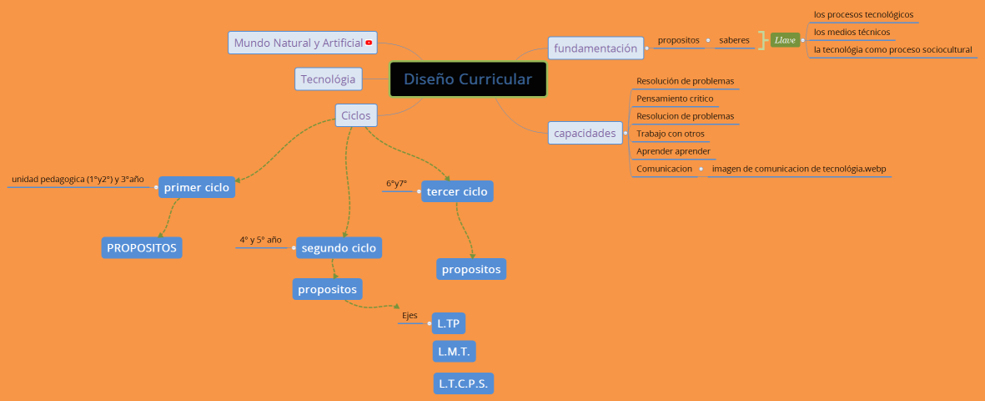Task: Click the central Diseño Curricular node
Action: point(468,79)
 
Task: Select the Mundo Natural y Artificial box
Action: point(298,43)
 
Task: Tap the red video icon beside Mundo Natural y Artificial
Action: point(369,43)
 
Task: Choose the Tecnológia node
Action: point(328,79)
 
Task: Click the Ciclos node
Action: point(356,115)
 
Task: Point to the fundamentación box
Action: point(596,48)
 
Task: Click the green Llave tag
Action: point(785,39)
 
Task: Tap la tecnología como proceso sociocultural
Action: point(892,50)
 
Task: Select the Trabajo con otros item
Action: point(671,134)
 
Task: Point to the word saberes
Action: point(734,39)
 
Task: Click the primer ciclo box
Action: point(196,188)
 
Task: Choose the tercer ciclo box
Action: point(457,191)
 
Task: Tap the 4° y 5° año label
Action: point(260,240)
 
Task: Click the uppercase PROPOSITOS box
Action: point(142,247)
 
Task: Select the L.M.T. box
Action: point(454,352)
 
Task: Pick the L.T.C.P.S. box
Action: point(463,383)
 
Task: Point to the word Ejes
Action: point(410,315)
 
